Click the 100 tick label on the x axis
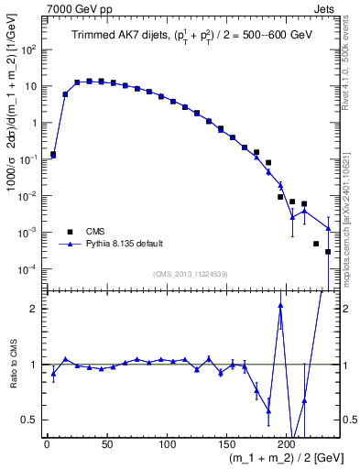(166, 444)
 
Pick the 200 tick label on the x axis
(286, 444)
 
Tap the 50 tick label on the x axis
(106, 444)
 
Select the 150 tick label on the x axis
(226, 444)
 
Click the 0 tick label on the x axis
(47, 444)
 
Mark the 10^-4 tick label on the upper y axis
(28, 269)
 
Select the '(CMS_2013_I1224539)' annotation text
(189, 274)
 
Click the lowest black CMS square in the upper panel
(328, 252)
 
